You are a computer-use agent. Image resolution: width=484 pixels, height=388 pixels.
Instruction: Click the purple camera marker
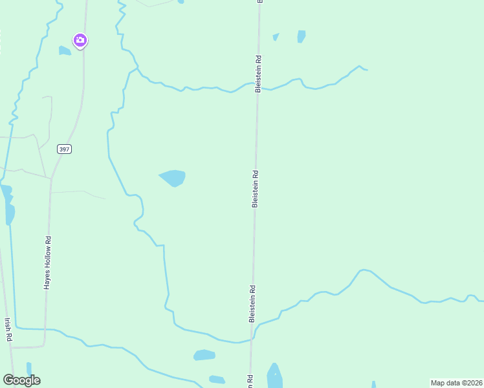coord(80,41)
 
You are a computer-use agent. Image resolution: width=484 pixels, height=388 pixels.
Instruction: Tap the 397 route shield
coord(64,149)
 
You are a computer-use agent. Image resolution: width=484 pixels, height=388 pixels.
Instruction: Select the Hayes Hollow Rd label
coord(47,263)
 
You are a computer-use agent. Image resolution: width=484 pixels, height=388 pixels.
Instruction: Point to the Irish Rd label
coord(8,329)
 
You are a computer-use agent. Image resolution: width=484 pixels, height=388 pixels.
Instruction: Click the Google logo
coord(21,380)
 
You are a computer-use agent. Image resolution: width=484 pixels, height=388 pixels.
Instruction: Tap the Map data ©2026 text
coord(456,383)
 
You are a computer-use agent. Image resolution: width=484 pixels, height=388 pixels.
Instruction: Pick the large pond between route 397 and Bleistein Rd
coord(173,177)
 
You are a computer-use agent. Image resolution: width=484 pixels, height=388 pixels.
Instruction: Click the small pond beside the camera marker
coord(65,50)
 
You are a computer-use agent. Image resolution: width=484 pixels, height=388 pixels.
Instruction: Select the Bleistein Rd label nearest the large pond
coord(256,189)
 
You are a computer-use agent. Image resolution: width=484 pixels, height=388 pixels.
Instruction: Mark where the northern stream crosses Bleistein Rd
coord(258,84)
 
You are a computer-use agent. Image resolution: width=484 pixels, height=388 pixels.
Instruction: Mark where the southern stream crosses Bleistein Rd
coord(252,339)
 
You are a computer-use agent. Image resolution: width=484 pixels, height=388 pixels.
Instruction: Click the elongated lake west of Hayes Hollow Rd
coord(8,206)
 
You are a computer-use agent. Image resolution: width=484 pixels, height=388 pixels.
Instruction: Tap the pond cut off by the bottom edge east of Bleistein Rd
coord(274,378)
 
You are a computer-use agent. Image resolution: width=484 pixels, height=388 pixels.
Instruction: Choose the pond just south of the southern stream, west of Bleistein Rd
coord(204,355)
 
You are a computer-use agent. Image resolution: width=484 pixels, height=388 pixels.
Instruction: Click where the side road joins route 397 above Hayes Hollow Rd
coord(50,178)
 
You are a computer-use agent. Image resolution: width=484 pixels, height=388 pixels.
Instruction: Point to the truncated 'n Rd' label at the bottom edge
coord(248,381)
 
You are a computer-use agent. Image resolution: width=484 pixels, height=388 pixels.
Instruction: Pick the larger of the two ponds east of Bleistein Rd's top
coord(301,36)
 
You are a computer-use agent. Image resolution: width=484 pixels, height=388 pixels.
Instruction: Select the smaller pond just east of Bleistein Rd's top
coord(276,37)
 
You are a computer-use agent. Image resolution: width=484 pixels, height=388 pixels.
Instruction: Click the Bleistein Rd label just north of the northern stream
coord(258,73)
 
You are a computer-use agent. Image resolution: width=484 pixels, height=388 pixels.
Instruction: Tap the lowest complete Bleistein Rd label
coord(252,304)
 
